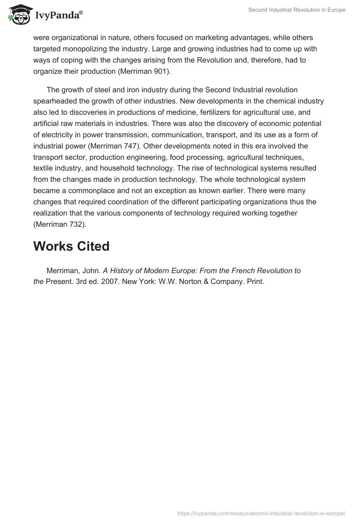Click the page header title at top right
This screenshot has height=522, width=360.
point(297,10)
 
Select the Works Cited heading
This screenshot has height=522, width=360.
point(71,246)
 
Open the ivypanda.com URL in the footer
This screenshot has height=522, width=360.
point(261,513)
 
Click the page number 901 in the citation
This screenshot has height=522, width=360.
point(161,71)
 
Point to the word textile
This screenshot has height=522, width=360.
point(44,168)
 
